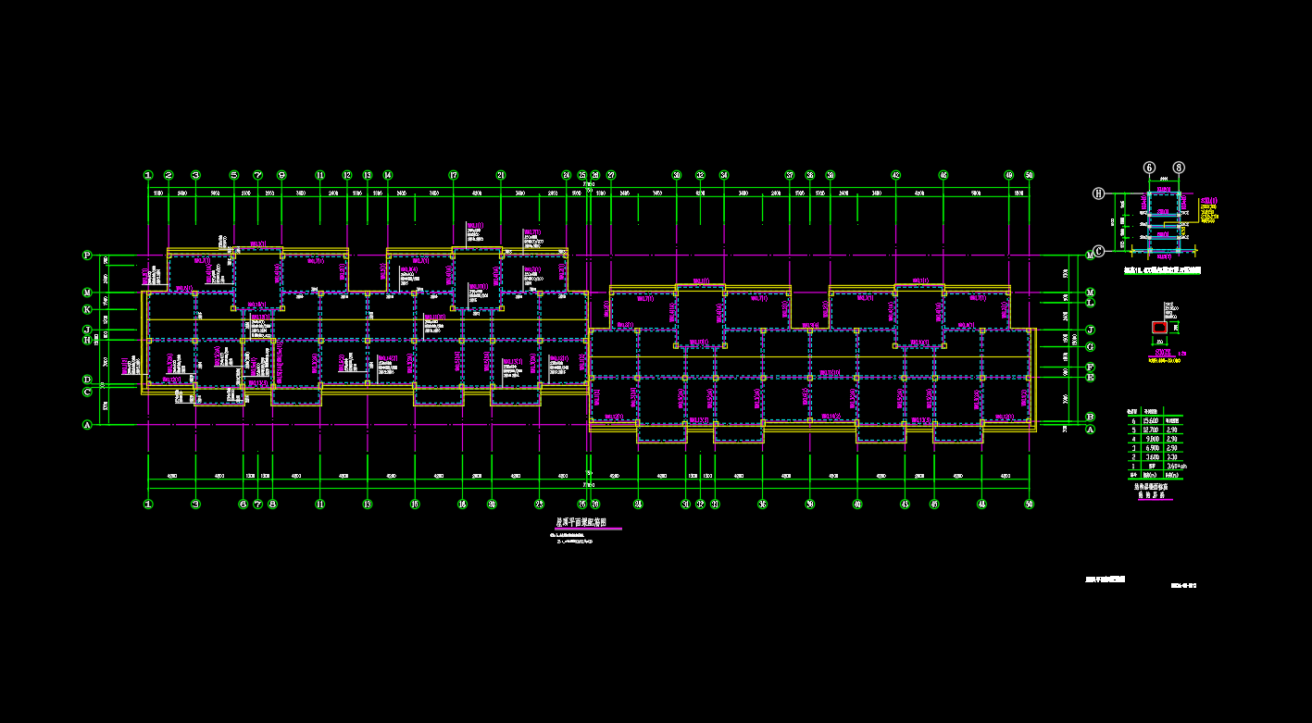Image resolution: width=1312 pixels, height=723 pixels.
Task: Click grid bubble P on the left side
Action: tap(88, 255)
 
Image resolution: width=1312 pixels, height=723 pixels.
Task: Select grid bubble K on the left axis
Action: tap(88, 309)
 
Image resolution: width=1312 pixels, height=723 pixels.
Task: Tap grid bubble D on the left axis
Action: tap(88, 380)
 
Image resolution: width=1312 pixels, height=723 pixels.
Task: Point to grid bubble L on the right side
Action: tap(1091, 303)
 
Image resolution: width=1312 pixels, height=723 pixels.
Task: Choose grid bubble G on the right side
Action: tap(1091, 346)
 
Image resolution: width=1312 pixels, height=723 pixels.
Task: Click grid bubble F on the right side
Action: tap(1091, 368)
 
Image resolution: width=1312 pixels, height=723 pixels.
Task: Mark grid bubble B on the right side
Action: tap(1091, 418)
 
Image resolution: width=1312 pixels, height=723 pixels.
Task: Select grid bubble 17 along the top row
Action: tap(454, 175)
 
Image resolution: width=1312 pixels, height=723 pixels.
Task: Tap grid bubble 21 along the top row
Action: tap(501, 175)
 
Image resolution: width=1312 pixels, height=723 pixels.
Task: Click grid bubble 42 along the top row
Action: tap(896, 175)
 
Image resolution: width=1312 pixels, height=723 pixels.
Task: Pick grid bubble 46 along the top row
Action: tap(943, 175)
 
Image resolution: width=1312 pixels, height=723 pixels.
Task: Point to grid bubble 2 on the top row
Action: tap(169, 175)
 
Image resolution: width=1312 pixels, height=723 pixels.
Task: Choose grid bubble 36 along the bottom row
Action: tap(762, 505)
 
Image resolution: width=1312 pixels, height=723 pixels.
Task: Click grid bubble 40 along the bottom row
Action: tap(857, 505)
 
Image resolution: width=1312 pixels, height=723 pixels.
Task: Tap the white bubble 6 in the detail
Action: tap(1150, 168)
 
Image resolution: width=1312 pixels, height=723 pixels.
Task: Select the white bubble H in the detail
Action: tap(1099, 193)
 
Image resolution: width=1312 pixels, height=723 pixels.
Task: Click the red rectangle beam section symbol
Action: tap(1159, 328)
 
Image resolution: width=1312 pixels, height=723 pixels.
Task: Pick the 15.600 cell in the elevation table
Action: tap(1151, 419)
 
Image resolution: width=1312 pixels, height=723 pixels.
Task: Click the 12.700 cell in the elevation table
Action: tap(1151, 430)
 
